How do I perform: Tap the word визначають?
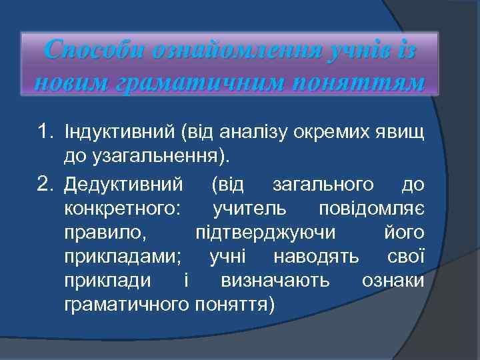[x=275, y=281]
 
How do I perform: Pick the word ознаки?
[x=392, y=281]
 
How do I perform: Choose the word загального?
[x=323, y=183]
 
